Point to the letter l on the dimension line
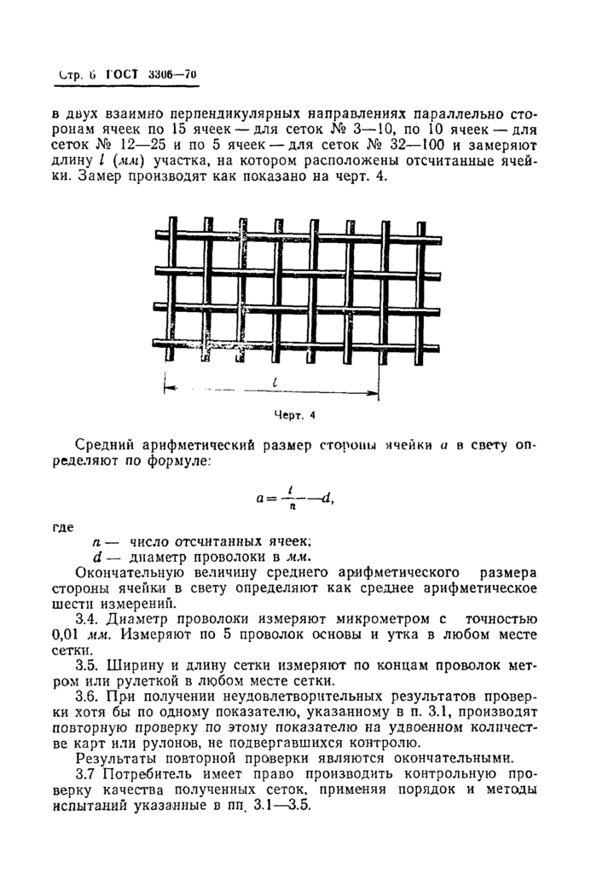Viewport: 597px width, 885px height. click(275, 384)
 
